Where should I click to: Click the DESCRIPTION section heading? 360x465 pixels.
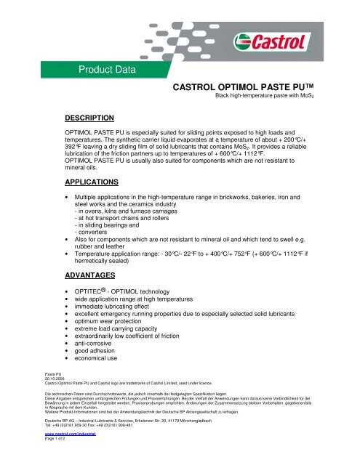pyautogui.click(x=89, y=116)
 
